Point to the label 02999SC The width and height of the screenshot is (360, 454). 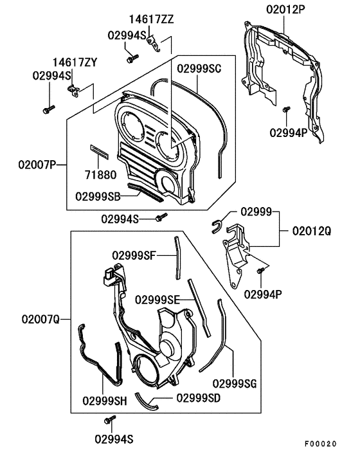(200, 68)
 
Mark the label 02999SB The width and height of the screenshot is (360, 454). (98, 195)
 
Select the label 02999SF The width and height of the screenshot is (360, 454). (134, 255)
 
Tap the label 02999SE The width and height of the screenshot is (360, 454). (157, 300)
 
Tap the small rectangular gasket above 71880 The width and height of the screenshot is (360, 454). (100, 150)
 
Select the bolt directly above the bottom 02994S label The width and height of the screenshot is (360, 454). (108, 421)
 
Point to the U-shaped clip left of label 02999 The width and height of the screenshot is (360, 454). (217, 224)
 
